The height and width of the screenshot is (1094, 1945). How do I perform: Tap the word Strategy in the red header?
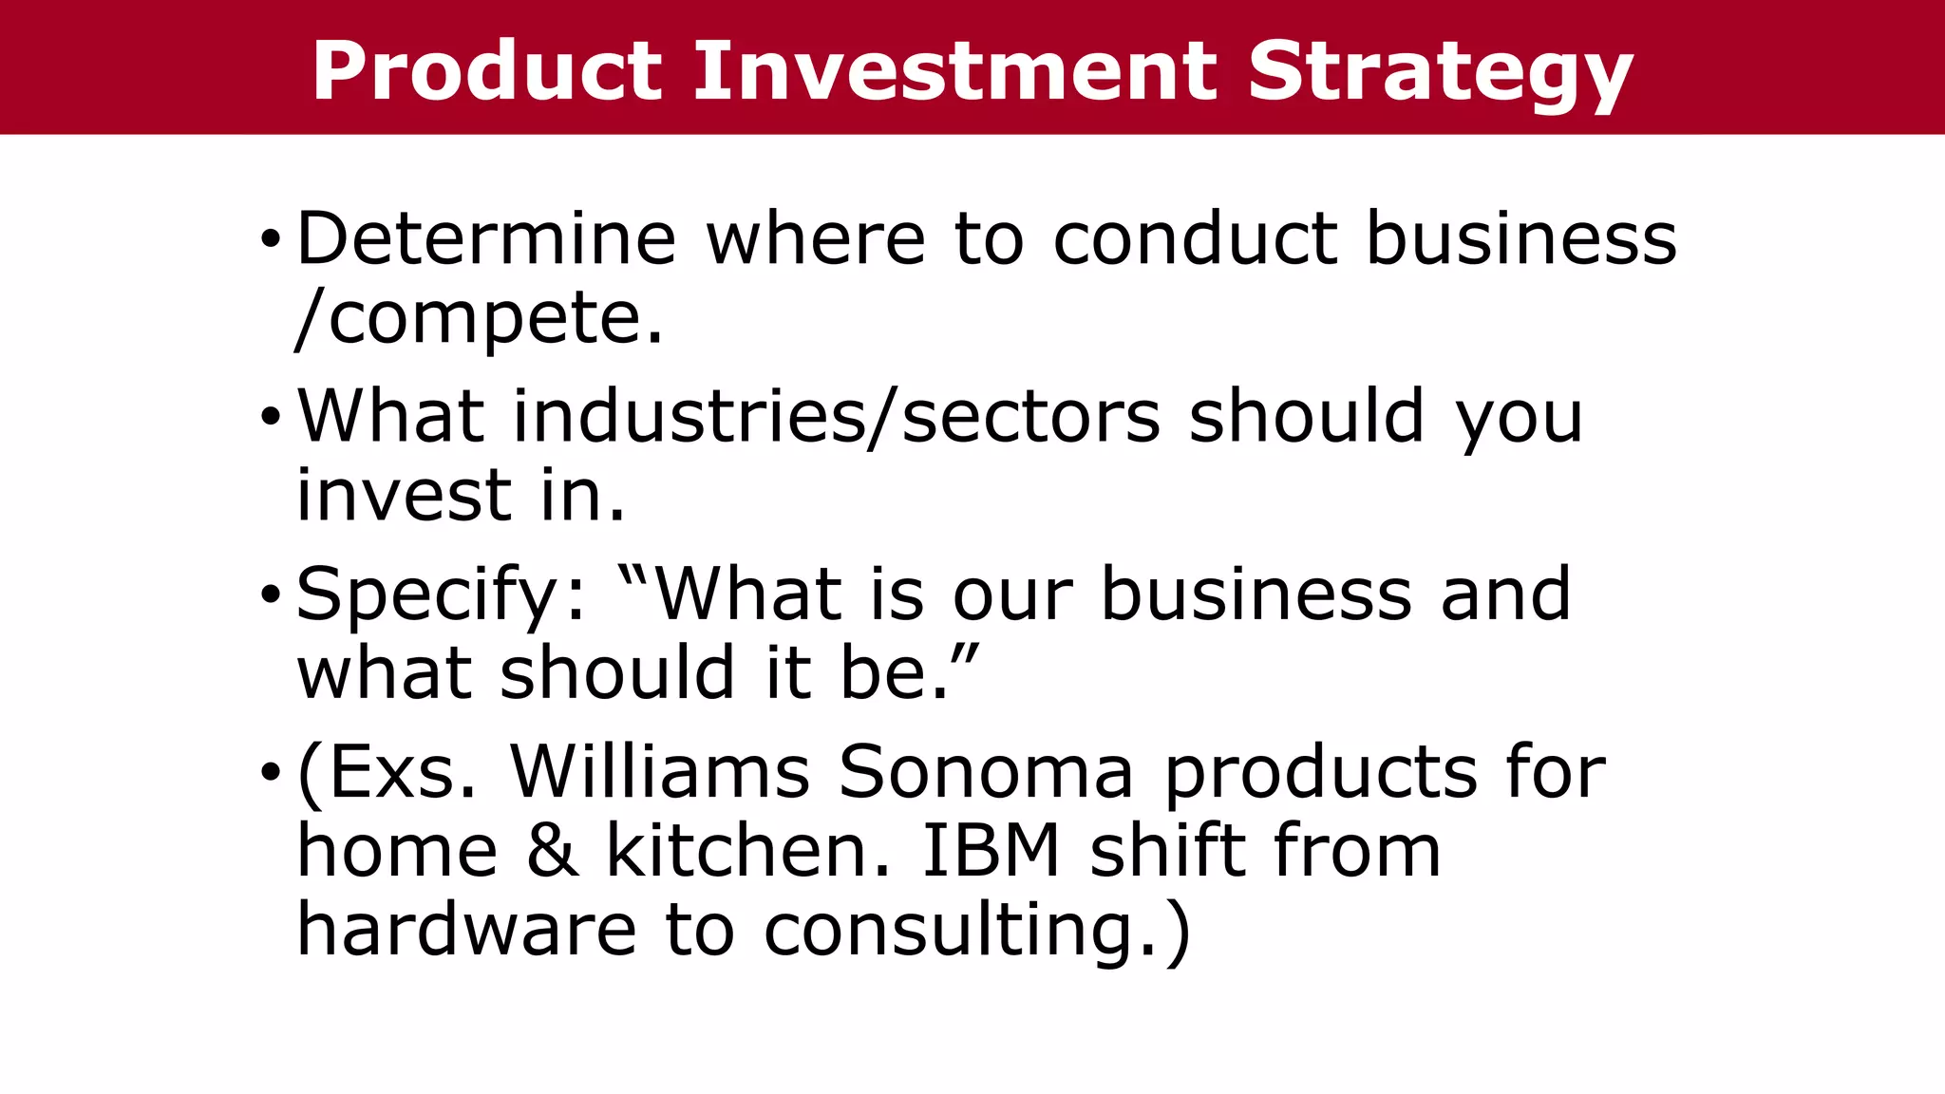(x=1440, y=72)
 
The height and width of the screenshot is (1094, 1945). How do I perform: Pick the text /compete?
(x=480, y=318)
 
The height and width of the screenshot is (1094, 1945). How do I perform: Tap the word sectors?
(x=1030, y=418)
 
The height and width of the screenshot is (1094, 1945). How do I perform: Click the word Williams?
(x=660, y=771)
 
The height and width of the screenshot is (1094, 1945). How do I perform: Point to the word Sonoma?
(x=986, y=771)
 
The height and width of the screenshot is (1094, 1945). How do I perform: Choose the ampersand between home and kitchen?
(x=552, y=851)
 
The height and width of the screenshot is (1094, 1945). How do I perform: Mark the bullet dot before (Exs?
(x=271, y=773)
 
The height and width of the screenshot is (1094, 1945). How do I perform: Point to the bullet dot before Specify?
(x=271, y=595)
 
